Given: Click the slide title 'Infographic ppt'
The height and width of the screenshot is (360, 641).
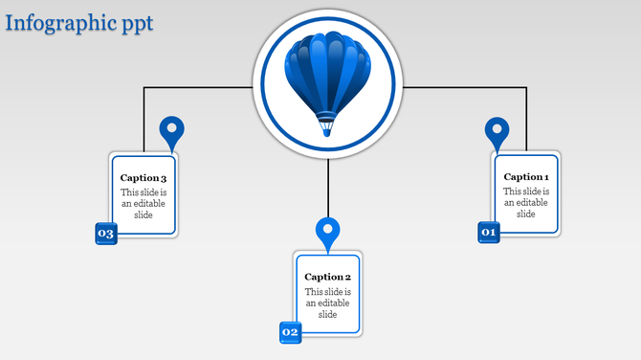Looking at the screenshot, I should tap(78, 22).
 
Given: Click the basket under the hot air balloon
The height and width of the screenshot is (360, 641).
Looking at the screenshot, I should tap(327, 125).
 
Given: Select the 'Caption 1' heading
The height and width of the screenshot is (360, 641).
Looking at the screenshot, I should tap(526, 176).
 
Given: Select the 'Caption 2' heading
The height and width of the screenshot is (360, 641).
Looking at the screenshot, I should tap(328, 277).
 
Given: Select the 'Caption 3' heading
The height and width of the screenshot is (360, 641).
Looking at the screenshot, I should tap(144, 178).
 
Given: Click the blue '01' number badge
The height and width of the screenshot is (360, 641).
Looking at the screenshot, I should tap(489, 232).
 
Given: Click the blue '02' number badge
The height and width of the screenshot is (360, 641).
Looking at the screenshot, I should tap(290, 332).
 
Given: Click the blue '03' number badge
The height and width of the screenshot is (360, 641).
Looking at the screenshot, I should tap(105, 234).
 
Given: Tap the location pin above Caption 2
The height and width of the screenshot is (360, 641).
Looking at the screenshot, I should tap(328, 232).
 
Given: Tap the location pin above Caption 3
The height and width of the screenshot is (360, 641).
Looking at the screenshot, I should tap(171, 131).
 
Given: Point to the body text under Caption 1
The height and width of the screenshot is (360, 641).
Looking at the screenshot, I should tap(526, 202).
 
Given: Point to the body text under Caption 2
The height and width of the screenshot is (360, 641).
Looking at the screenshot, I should tap(328, 303).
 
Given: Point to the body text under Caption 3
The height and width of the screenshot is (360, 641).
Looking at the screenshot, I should tap(144, 203).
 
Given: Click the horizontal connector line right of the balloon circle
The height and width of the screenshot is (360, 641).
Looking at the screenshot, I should tap(464, 88).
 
